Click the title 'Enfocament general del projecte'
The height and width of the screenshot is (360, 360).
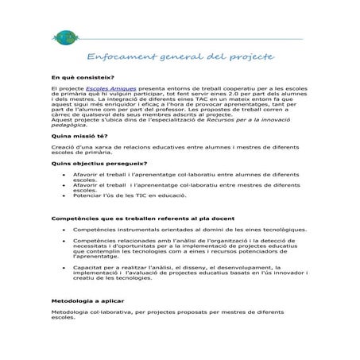(179, 58)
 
